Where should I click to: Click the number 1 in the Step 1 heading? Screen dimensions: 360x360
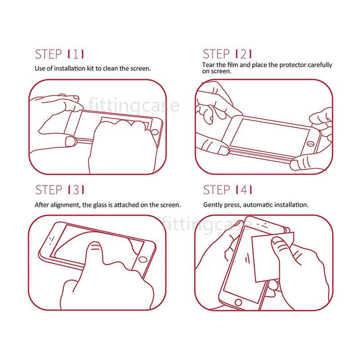point(76,54)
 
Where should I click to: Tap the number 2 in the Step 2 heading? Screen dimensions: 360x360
point(243,54)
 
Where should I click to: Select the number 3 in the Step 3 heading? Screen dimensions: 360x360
point(76,190)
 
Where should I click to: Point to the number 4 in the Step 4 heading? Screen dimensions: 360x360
point(243,190)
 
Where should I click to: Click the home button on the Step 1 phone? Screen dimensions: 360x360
point(155,132)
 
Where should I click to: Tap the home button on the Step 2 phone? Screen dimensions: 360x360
point(310,144)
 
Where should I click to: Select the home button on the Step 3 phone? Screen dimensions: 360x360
point(143,260)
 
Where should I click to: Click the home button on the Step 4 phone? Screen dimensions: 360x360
point(238,302)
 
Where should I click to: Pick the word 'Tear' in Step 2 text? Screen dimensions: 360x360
point(208,65)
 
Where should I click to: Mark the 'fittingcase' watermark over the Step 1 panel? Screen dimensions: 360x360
point(134,106)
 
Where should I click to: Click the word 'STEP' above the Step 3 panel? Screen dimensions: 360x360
point(49,190)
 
